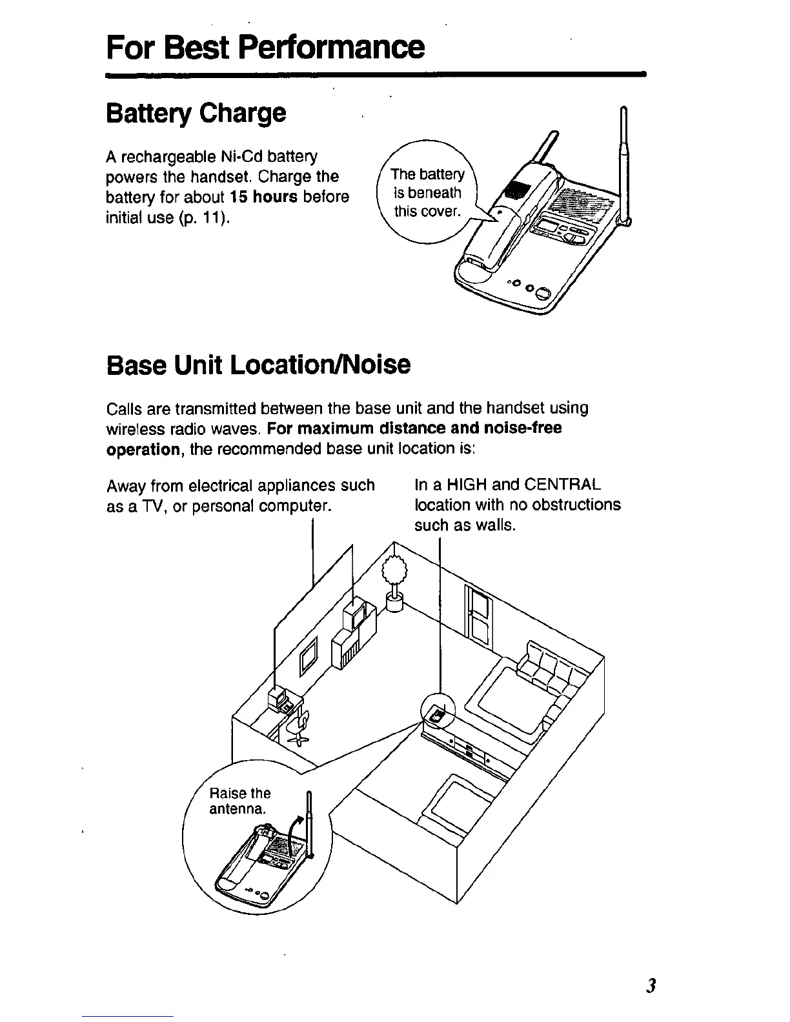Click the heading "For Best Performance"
tap(265, 46)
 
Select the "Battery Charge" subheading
tap(196, 113)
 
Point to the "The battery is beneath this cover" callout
tap(427, 193)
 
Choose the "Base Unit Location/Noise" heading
tap(258, 365)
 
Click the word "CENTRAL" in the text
tap(563, 485)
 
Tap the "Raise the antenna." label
tap(239, 801)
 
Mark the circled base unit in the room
tap(438, 714)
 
